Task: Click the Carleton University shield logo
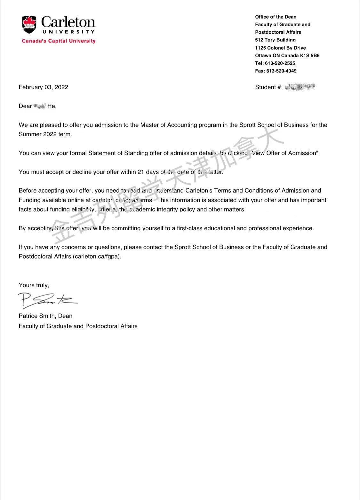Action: (29, 25)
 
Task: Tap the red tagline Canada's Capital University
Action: (59, 41)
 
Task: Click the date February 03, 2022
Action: (43, 87)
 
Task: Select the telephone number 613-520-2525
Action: (280, 63)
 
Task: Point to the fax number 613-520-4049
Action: (281, 71)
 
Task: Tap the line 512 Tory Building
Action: (275, 40)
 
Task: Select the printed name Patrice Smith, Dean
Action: (45, 316)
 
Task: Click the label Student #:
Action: (268, 87)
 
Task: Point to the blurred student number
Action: (300, 87)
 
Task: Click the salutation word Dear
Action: (25, 106)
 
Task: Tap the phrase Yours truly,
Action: (34, 285)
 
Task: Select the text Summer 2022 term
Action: (45, 134)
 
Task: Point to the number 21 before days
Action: (140, 172)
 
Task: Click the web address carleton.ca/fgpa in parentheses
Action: (97, 257)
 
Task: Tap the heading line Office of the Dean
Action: (276, 17)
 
